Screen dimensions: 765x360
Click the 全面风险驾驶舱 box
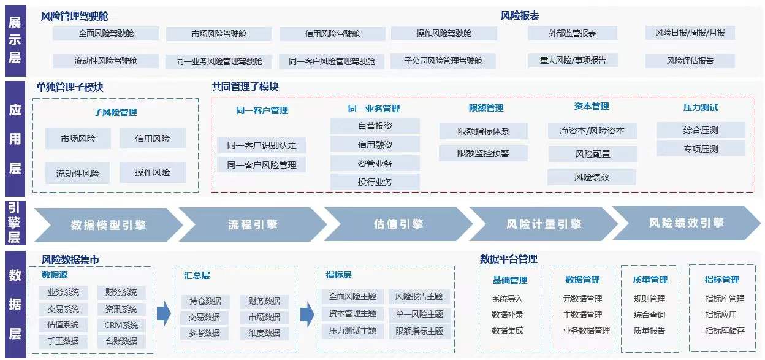[106, 34]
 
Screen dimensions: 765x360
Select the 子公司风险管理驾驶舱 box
[443, 61]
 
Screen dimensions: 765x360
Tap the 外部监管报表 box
[573, 33]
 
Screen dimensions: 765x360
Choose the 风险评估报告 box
[690, 61]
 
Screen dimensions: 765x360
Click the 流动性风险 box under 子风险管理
[78, 173]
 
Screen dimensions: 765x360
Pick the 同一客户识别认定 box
[262, 145]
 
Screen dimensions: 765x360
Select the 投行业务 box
[375, 182]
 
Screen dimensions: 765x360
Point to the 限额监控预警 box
[483, 153]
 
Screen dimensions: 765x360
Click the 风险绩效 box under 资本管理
[592, 177]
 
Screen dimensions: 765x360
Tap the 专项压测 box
[701, 149]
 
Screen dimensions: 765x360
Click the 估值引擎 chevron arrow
[398, 224]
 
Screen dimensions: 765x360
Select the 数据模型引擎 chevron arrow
[108, 225]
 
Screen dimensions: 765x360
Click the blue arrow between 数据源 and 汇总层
[164, 313]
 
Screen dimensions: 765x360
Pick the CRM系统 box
[121, 325]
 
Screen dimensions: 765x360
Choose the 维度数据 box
[264, 333]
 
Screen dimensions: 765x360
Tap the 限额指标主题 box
[419, 331]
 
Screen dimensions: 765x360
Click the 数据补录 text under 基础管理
[507, 315]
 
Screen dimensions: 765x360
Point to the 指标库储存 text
[725, 331]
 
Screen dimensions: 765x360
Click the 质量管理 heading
[650, 280]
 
